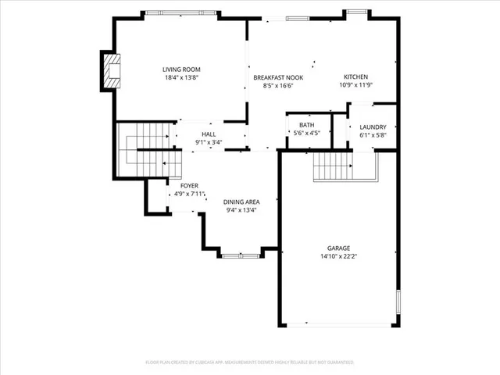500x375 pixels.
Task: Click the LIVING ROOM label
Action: tap(181, 69)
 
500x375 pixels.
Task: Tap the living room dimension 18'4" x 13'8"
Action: tap(181, 77)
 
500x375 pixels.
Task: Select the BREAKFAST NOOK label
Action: tap(278, 77)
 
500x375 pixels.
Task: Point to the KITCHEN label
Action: tap(355, 77)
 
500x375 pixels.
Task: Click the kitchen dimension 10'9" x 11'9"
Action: tap(355, 85)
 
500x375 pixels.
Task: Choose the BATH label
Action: tap(306, 125)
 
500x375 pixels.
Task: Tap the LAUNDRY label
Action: tap(373, 127)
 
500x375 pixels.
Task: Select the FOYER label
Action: tap(189, 185)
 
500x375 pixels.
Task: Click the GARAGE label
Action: tap(338, 248)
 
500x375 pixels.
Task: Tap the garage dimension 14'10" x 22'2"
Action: tap(338, 256)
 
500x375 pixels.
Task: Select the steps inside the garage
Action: tap(334, 166)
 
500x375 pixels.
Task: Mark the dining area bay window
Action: tap(241, 255)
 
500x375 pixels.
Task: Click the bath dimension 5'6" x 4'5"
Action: tap(306, 134)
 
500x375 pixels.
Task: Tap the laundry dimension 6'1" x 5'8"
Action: tap(373, 135)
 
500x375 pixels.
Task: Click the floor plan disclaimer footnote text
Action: tap(250, 362)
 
